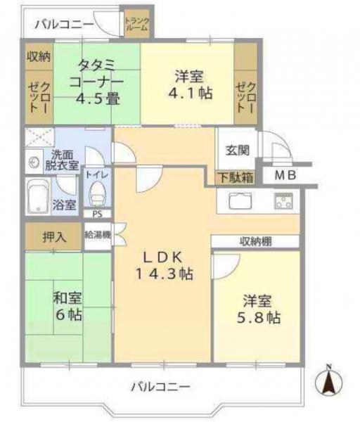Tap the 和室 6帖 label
coord(67,306)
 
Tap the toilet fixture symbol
coord(97,191)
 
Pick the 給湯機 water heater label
coord(97,236)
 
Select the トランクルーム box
coord(136,24)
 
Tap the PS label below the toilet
coord(97,214)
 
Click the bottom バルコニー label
coord(160,387)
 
